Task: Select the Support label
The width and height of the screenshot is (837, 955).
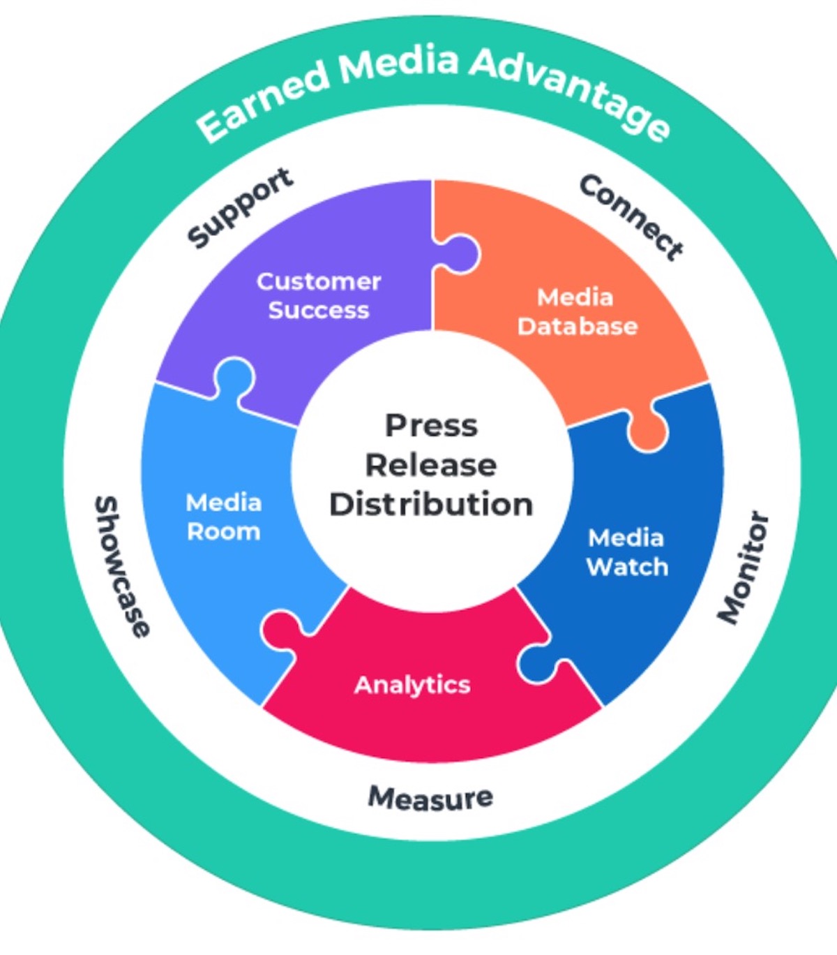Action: [241, 207]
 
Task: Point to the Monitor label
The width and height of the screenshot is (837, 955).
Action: [744, 568]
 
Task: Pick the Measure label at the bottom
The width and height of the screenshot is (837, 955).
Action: [430, 798]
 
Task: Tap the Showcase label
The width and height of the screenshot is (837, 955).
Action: [121, 566]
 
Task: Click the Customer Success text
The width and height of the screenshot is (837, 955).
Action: [319, 295]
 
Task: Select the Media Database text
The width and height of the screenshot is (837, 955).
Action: [577, 311]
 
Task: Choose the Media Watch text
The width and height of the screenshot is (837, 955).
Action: [627, 552]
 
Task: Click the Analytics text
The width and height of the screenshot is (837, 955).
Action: [412, 685]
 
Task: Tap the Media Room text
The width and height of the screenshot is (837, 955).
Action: [224, 517]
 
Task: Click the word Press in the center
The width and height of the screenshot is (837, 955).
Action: [431, 426]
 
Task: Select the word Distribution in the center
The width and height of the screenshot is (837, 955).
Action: [431, 505]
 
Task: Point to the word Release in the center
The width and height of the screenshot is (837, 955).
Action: [431, 465]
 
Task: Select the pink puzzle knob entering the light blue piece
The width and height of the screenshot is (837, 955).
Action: [281, 628]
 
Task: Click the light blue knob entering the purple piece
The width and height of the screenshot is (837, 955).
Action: [234, 378]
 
